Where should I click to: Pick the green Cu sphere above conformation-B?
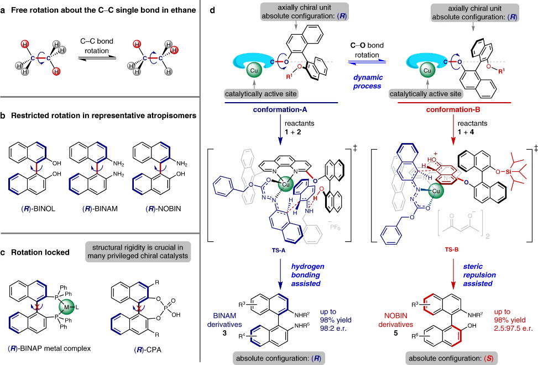(x=427, y=71)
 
